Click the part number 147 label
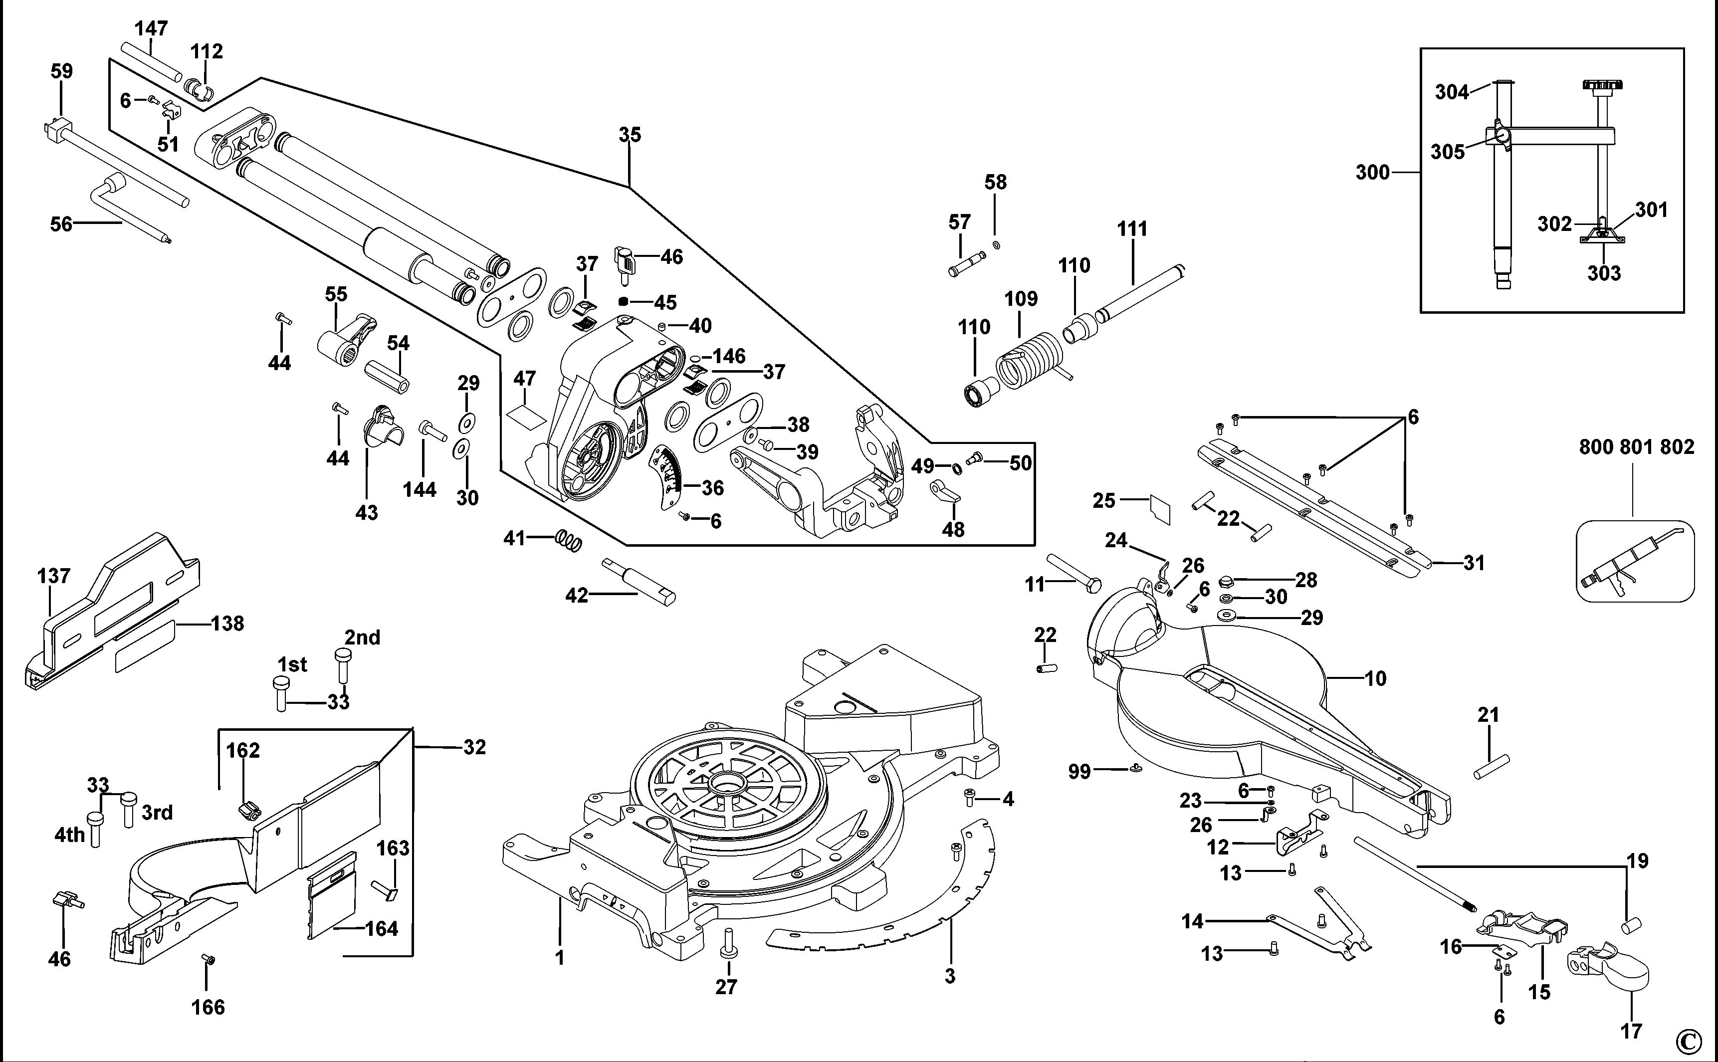tap(151, 28)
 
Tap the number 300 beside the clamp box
tap(1372, 172)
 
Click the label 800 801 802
tap(1636, 447)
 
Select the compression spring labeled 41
tap(569, 540)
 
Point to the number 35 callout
tap(630, 134)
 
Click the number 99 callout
tap(1079, 771)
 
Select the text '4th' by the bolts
tap(69, 835)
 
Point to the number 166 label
tap(208, 1007)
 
